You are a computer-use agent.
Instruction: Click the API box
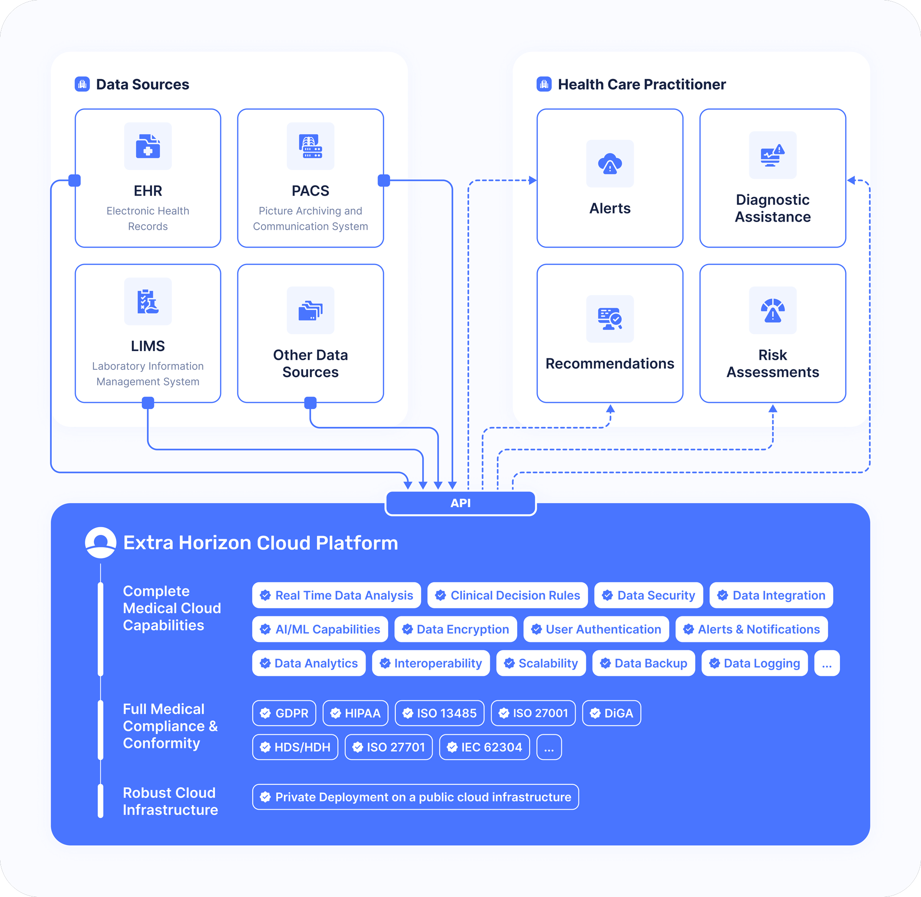click(460, 503)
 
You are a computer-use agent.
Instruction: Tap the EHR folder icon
click(148, 146)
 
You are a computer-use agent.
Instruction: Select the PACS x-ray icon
click(310, 146)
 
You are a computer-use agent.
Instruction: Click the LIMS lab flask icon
click(148, 301)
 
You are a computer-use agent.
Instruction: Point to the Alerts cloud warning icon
click(610, 164)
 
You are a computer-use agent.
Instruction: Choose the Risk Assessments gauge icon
click(772, 310)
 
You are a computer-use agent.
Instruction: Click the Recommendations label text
click(610, 364)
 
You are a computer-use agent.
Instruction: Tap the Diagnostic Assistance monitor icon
click(772, 155)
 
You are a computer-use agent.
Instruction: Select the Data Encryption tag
click(456, 629)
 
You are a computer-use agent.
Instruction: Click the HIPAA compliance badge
click(355, 713)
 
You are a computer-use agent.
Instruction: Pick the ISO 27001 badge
click(533, 713)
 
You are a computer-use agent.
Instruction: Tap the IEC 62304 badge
click(484, 747)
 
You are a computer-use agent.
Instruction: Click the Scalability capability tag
click(541, 663)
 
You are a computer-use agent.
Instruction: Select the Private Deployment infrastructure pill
click(415, 797)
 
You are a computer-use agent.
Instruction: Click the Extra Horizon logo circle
click(100, 543)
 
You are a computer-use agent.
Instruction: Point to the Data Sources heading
click(142, 84)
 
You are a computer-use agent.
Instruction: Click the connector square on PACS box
click(384, 180)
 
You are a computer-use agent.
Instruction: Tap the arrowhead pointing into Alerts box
click(532, 180)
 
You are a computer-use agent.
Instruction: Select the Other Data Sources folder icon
click(310, 310)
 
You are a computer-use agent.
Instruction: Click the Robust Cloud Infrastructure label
click(170, 801)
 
